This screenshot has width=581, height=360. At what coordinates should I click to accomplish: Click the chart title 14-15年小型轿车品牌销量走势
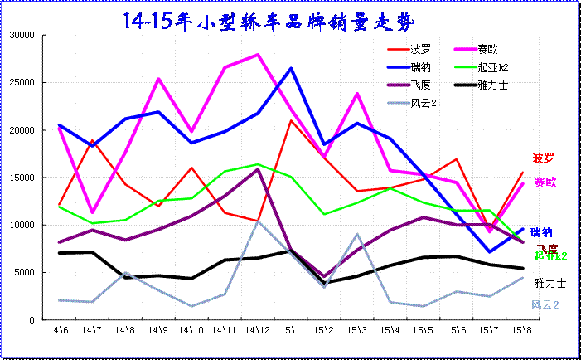[x=265, y=20]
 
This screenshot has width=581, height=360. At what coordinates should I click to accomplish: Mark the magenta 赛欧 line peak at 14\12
[x=258, y=55]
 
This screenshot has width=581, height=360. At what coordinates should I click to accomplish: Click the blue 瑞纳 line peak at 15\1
[x=291, y=68]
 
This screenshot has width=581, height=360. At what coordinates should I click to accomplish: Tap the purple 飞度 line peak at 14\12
[x=258, y=169]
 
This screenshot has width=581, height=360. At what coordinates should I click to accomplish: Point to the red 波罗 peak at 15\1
[x=291, y=121]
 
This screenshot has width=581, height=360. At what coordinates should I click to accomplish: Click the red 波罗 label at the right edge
[x=543, y=158]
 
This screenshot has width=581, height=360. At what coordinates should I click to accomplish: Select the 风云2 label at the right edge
[x=545, y=305]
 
